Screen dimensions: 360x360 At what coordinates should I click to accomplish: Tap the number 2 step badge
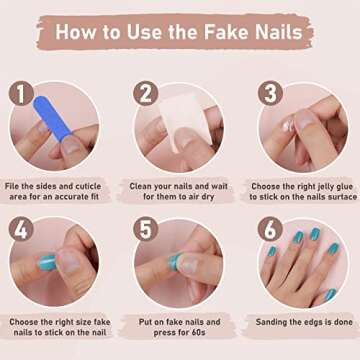(x=145, y=95)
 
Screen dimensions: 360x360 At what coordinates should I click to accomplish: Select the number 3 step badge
(x=270, y=96)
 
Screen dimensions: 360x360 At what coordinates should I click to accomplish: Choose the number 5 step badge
(x=146, y=230)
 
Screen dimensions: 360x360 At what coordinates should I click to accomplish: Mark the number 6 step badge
(x=270, y=230)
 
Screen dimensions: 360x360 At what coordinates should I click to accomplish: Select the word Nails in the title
(x=280, y=31)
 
